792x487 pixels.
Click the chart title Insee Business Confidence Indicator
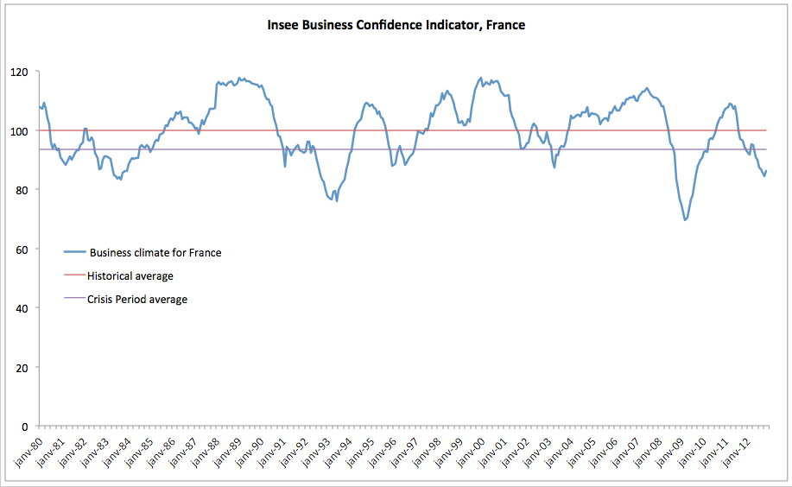tap(396, 25)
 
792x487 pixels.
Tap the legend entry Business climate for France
tap(155, 252)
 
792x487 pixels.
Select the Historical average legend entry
tap(130, 276)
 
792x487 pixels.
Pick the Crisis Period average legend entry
tap(136, 300)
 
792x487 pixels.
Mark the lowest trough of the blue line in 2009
tap(685, 219)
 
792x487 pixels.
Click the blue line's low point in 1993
tap(336, 200)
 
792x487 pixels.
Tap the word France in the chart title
tap(506, 25)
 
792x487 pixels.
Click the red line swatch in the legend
tap(73, 276)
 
